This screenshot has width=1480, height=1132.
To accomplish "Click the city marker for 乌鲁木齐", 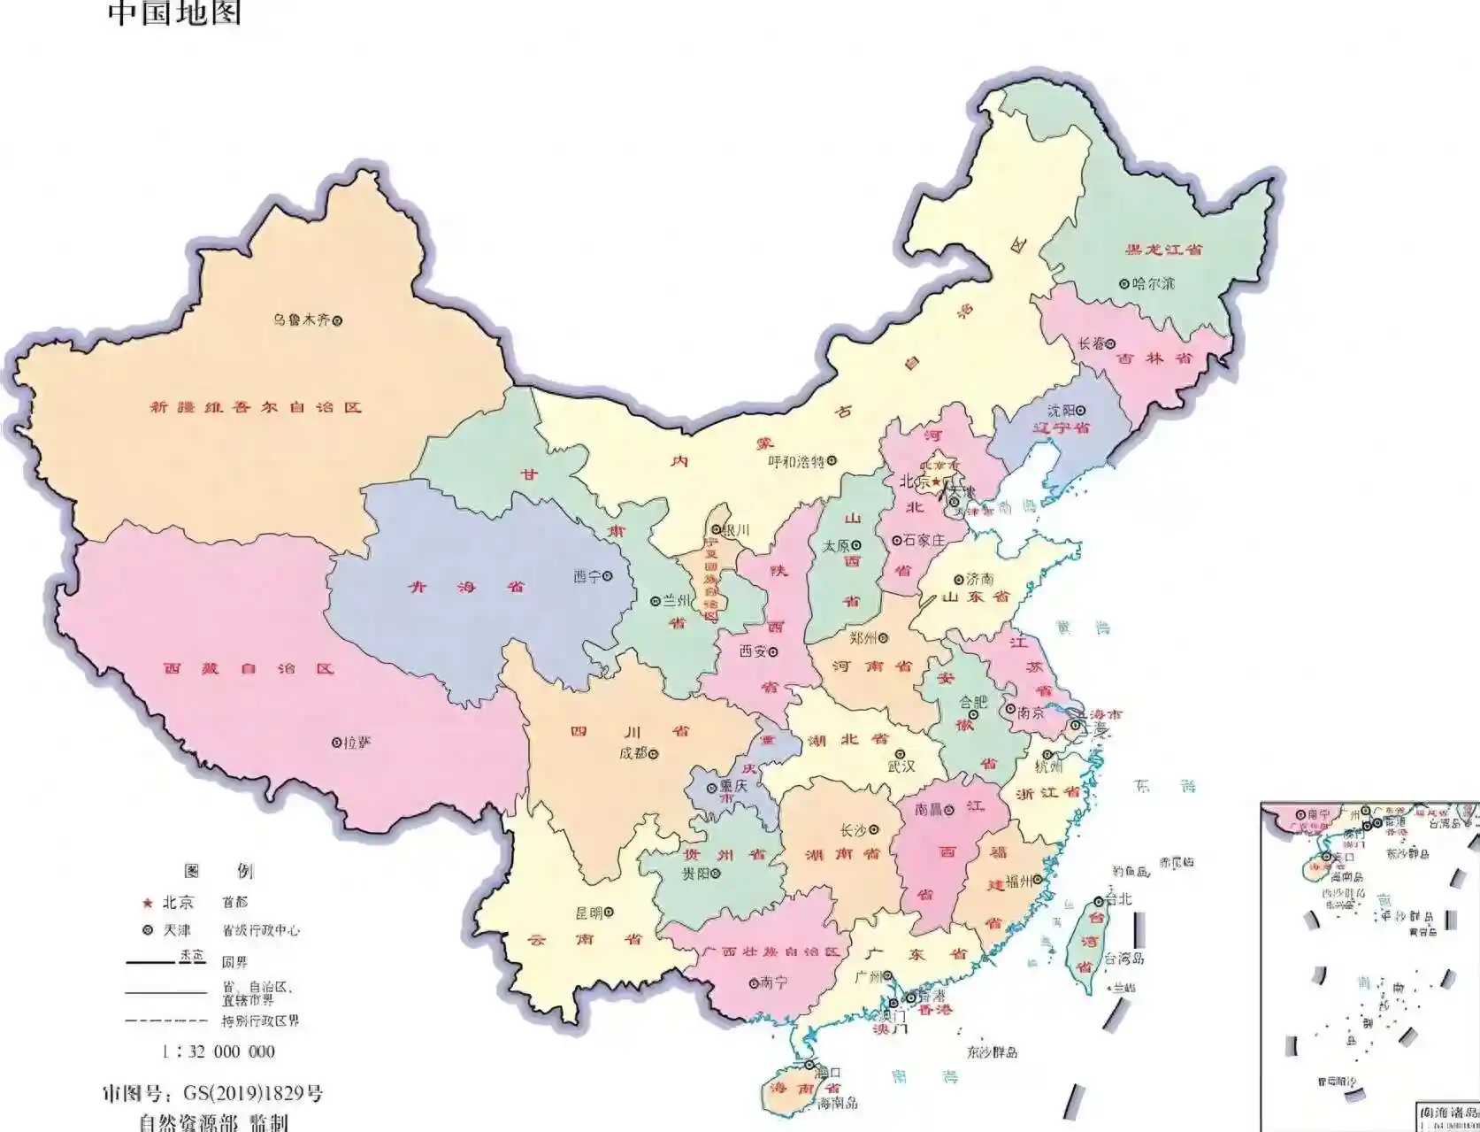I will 336,320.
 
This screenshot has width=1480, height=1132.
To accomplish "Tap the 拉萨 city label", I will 357,743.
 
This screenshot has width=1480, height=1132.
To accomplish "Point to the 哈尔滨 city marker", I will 1123,284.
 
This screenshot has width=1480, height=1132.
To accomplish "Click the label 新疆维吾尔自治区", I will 256,407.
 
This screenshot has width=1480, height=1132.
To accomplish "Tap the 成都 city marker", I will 654,754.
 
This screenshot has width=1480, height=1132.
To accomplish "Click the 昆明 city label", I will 588,913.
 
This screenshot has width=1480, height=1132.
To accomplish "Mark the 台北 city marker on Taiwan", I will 1098,899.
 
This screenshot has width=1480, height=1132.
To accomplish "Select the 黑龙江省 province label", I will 1163,250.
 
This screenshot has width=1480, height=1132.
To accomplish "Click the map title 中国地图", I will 174,12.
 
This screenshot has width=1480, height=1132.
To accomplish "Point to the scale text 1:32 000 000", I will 219,1051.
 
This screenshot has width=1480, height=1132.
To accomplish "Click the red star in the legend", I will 148,903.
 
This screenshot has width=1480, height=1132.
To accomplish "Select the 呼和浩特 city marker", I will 831,461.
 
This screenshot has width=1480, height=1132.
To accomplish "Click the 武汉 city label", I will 901,766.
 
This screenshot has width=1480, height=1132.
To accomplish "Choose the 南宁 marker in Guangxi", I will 754,982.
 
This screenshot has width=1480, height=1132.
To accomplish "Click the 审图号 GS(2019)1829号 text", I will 212,1094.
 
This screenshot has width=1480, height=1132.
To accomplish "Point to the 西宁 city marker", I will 608,576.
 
